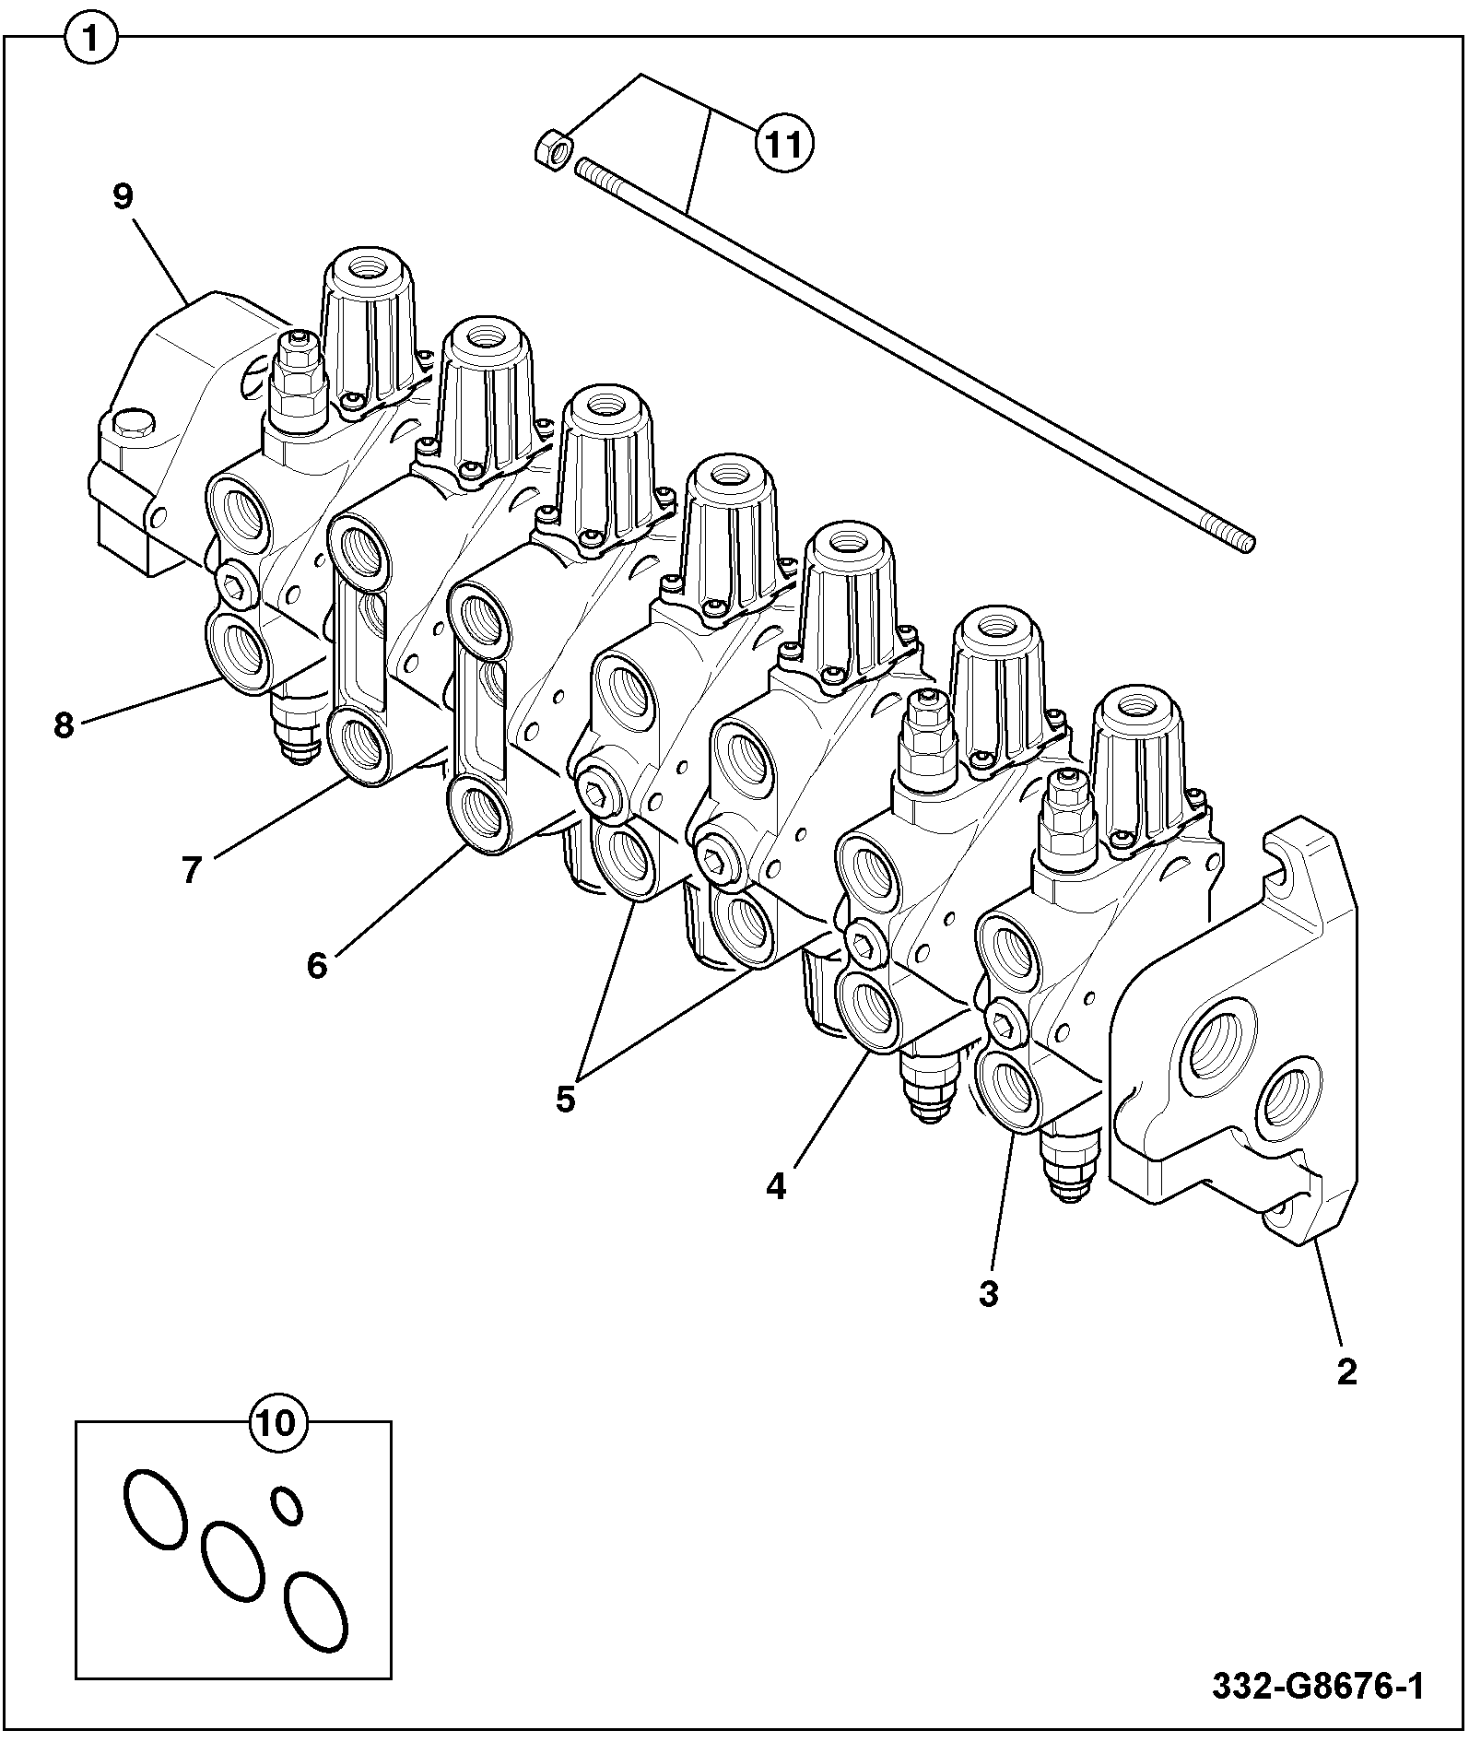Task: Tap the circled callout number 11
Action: [784, 144]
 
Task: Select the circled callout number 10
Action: [277, 1422]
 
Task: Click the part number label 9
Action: [123, 196]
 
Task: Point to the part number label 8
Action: [63, 725]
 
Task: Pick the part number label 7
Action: [191, 869]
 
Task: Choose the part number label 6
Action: [317, 966]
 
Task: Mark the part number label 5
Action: [565, 1099]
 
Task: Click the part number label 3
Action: [988, 1294]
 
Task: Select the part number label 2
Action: [1346, 1372]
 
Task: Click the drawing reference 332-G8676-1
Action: [1317, 1687]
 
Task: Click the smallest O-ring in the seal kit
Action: [287, 1505]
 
